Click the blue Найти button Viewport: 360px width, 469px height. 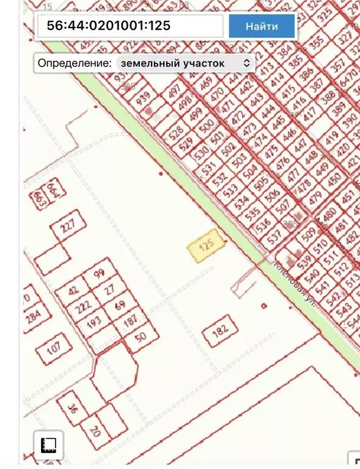(262, 26)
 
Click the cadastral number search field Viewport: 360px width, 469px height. (128, 26)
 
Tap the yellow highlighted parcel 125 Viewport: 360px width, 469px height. (205, 247)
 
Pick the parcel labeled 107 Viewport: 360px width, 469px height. (54, 349)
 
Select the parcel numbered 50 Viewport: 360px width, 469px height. (141, 335)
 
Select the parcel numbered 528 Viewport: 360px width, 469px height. (175, 134)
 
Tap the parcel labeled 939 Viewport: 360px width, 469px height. (144, 99)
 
